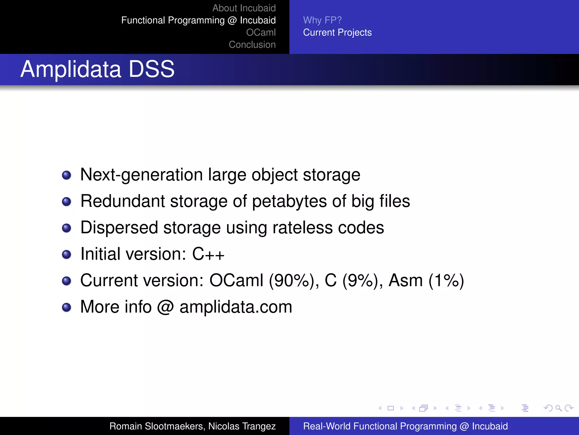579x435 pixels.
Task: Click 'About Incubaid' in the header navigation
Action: (244, 8)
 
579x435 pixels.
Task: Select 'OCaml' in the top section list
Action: (261, 32)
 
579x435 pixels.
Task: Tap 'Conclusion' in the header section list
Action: (252, 44)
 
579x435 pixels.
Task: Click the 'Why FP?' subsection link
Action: (322, 20)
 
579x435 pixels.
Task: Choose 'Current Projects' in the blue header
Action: (337, 32)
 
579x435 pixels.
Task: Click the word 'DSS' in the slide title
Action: (152, 69)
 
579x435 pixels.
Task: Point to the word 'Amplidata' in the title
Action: (71, 69)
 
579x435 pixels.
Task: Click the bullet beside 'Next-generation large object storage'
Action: (66, 175)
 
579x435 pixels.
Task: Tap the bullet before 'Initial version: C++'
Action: (66, 254)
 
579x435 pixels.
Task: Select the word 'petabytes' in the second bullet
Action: (289, 201)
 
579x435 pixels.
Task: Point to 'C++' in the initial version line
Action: (208, 254)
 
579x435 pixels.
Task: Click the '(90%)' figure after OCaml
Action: (291, 280)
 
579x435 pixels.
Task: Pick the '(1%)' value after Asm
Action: (446, 280)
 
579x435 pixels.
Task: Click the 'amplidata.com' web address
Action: (236, 307)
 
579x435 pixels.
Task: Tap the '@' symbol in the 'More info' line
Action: (165, 307)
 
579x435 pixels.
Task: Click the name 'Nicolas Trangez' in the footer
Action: (242, 426)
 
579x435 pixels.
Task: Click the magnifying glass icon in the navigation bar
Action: (558, 408)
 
